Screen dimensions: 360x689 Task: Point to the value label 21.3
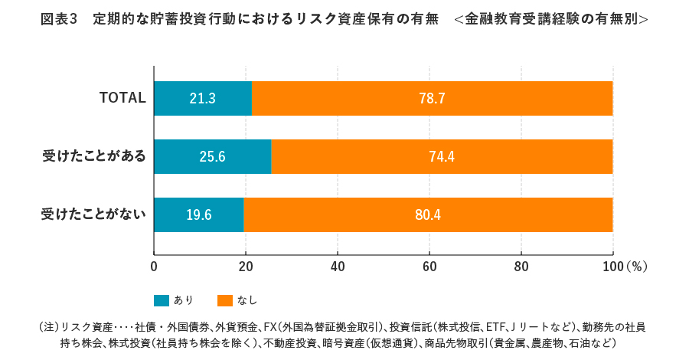click(202, 98)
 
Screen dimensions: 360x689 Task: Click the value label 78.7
click(432, 98)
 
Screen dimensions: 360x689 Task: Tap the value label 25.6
click(212, 156)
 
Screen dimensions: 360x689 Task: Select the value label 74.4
click(442, 156)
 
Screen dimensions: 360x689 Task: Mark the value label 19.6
click(198, 214)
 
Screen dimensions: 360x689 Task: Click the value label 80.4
click(428, 214)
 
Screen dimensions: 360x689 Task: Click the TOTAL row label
click(122, 98)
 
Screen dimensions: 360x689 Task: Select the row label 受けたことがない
click(93, 214)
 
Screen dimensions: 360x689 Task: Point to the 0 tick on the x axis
click(154, 267)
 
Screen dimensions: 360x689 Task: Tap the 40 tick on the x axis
click(338, 267)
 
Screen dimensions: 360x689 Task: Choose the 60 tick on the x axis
click(429, 267)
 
